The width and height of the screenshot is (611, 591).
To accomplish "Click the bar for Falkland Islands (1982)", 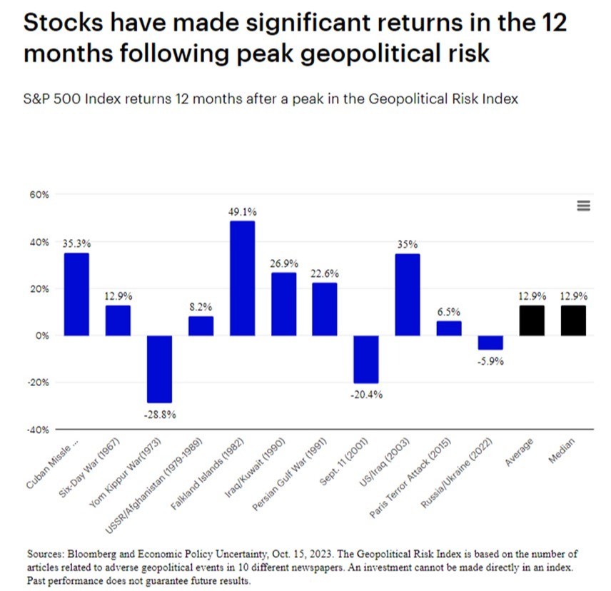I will [242, 278].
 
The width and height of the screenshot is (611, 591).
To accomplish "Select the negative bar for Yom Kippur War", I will [159, 368].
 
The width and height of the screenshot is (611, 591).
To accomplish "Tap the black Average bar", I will [532, 320].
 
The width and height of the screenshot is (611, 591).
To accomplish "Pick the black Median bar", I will [573, 320].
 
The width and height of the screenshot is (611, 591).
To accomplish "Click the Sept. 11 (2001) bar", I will [366, 359].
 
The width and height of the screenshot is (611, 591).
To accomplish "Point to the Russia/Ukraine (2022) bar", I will [490, 343].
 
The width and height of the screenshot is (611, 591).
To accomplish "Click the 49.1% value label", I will [242, 212].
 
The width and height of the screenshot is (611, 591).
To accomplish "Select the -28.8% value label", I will [159, 414].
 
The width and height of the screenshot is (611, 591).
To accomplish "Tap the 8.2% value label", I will [201, 307].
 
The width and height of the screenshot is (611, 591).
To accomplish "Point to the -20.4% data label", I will [366, 395].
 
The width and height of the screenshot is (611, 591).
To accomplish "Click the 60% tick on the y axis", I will [38, 195].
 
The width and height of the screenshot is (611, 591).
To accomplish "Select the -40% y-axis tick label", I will [36, 430].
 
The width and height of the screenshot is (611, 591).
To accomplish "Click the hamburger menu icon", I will [583, 206].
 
